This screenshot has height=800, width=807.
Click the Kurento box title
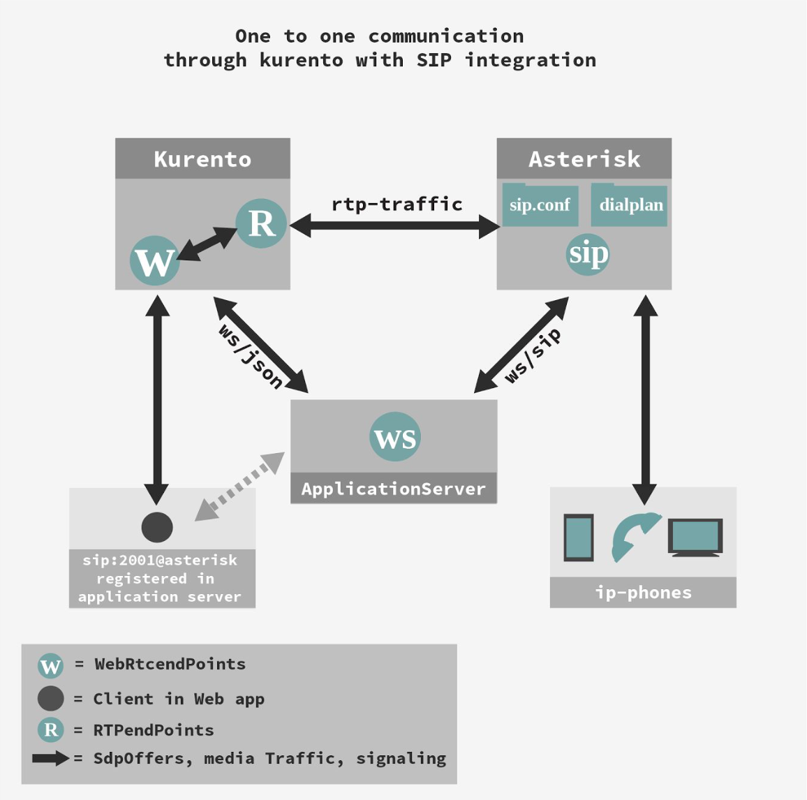[x=202, y=159]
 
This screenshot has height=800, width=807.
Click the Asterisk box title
[x=584, y=159]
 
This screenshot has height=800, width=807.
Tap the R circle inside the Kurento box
[x=261, y=223]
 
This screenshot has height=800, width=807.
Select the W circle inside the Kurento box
[x=154, y=261]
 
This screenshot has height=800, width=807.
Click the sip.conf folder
[x=540, y=205]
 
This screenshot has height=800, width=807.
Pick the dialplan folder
[x=630, y=205]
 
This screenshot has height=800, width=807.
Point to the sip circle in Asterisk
[x=588, y=253]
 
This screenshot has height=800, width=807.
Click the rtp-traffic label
[x=397, y=204]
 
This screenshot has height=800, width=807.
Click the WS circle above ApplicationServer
[x=395, y=438]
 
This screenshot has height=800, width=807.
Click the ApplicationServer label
[x=393, y=489]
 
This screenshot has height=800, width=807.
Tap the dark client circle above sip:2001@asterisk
[x=157, y=527]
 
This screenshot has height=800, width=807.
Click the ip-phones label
[x=643, y=593]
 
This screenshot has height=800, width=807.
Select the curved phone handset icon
[x=632, y=536]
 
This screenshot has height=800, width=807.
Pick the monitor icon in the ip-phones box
[x=695, y=537]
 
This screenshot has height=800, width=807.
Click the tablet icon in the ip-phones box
[x=579, y=538]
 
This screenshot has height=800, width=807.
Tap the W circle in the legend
[x=50, y=665]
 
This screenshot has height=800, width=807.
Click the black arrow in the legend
[x=50, y=758]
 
